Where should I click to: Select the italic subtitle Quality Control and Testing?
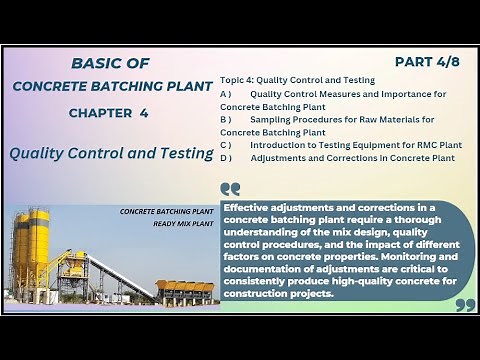pos(108,154)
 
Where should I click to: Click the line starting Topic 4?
pos(297,79)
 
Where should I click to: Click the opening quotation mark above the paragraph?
pos(230,188)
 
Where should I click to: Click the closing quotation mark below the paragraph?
pos(464,304)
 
